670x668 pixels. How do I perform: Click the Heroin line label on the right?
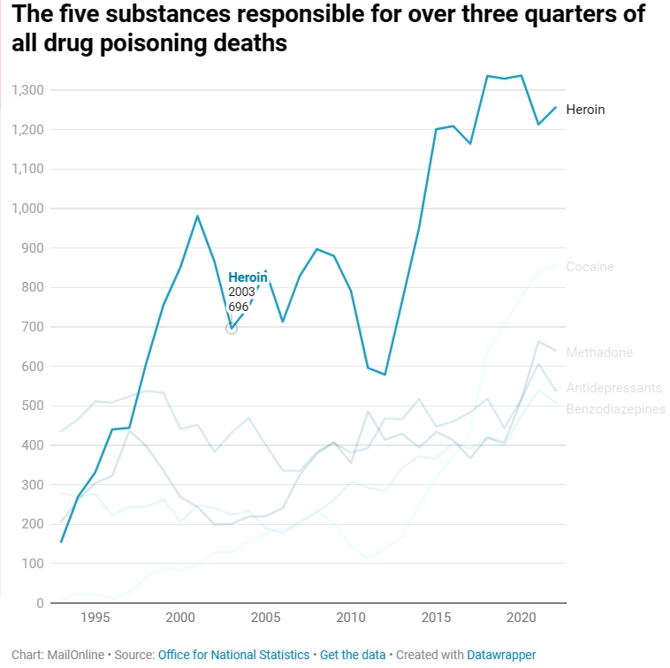585,110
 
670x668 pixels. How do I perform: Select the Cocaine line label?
590,267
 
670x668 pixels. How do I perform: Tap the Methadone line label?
599,353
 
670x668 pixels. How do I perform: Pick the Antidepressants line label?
613,388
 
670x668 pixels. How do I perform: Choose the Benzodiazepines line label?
615,409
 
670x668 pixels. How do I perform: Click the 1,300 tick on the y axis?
27,90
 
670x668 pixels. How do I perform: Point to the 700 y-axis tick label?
33,327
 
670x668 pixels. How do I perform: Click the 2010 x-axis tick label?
351,617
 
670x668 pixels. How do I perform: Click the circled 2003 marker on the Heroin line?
232,329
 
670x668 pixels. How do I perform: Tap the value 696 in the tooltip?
239,307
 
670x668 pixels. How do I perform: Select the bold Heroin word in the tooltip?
247,277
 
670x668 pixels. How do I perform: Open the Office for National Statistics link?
233,655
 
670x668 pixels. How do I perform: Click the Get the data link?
353,655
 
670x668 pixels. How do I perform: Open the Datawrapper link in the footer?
501,655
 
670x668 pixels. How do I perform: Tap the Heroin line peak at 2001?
197,216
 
